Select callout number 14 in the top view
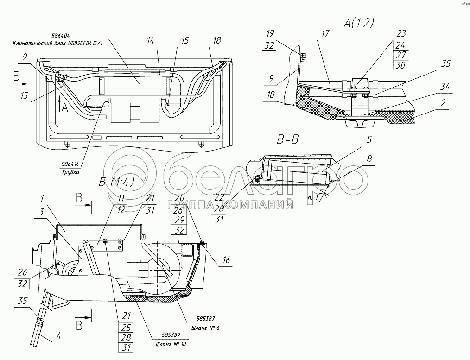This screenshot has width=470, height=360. tap(151, 41)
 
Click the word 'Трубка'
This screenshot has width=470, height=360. tap(70, 172)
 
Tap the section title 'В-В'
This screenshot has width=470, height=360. tap(287, 141)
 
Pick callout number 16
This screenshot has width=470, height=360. tap(226, 261)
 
